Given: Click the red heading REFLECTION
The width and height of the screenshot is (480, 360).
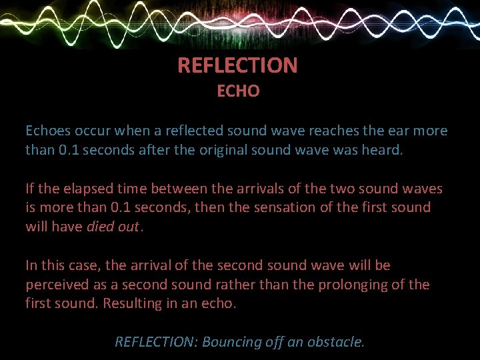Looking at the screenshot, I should [x=237, y=65].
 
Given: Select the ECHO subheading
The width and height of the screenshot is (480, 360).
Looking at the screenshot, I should [x=238, y=91].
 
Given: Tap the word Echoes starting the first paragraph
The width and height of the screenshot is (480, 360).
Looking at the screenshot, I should [x=47, y=131].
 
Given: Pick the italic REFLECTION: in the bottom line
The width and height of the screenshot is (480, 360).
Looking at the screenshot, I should [x=155, y=342].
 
